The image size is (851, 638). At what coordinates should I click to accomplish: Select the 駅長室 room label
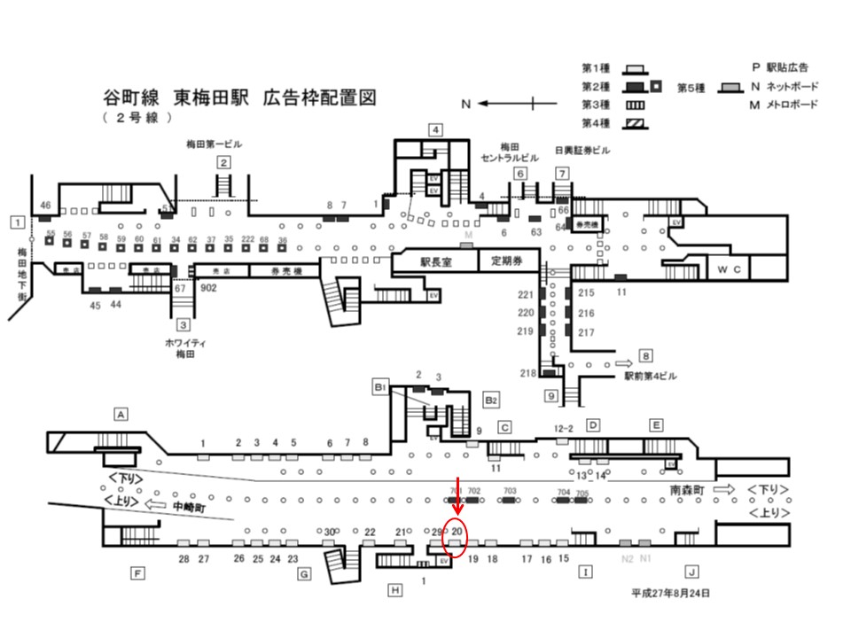tap(436, 261)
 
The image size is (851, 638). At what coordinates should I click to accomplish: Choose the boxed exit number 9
tap(550, 395)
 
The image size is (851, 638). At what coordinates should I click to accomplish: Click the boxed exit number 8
tap(645, 356)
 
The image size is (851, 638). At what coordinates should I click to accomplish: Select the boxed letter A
tap(121, 413)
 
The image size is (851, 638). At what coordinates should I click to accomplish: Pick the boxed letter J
tap(691, 572)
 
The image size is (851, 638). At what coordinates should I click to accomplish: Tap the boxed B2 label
tap(490, 400)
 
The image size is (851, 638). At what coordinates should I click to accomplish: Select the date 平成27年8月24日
tap(671, 593)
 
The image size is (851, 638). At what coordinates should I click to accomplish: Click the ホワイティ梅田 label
tap(184, 347)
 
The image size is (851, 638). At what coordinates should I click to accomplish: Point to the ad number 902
tap(210, 288)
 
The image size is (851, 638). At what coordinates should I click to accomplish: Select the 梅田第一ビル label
tap(214, 144)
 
